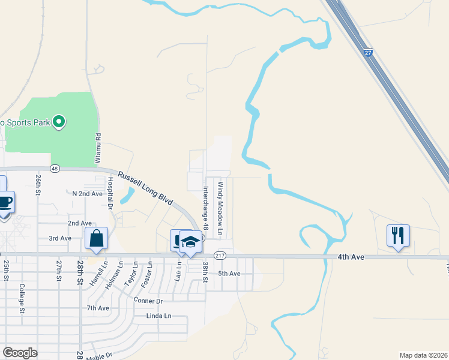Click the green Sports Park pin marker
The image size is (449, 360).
tap(58, 122)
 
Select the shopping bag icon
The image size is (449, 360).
tap(96, 238)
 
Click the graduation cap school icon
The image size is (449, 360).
tap(191, 241)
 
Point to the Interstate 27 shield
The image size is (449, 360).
tap(369, 53)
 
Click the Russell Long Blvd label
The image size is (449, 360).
tap(145, 188)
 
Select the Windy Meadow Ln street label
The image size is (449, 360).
tap(220, 208)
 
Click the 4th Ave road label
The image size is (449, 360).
tap(351, 257)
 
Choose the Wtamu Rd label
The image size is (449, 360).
tap(98, 149)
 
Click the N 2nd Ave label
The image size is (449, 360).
tap(88, 194)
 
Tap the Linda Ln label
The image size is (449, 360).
tap(158, 316)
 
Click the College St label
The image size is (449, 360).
tap(22, 298)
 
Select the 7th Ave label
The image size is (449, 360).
tap(98, 308)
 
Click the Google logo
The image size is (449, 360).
tap(20, 352)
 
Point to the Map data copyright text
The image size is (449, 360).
tap(423, 355)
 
